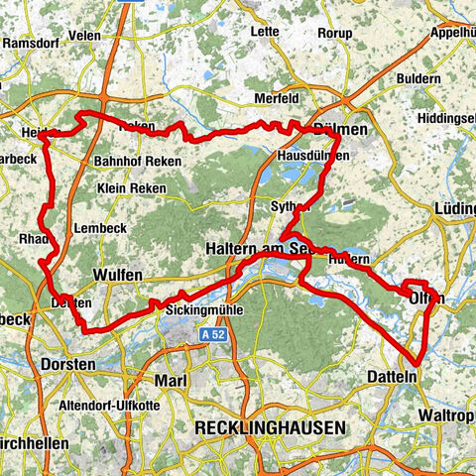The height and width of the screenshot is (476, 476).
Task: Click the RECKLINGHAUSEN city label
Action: coord(271,427)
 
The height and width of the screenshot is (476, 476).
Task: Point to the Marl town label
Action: coord(172,381)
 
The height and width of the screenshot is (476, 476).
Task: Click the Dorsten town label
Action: coord(68,365)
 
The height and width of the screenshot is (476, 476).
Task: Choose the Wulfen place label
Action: coord(116,274)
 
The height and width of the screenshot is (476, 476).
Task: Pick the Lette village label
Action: coord(265,59)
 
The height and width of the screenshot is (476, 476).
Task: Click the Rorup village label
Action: coord(333,60)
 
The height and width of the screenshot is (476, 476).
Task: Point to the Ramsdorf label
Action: coord(36,44)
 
